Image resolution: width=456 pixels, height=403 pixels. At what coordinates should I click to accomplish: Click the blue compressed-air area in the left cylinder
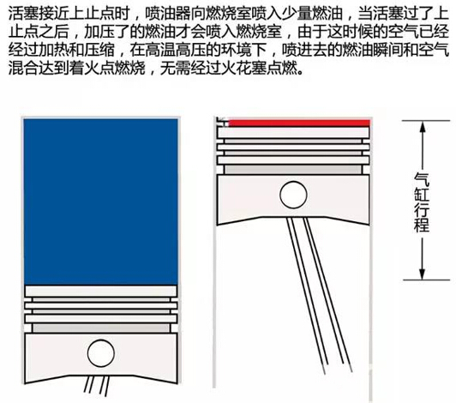point(100,201)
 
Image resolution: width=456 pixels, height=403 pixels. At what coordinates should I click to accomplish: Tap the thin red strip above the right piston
point(299,123)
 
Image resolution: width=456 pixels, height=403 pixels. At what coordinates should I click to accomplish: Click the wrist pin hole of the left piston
point(101,353)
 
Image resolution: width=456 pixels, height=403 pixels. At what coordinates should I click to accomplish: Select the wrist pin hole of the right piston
point(293,195)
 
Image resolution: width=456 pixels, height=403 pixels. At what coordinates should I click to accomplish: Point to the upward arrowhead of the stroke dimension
point(423,128)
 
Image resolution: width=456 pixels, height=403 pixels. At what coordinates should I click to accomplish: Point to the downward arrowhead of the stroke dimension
point(423,273)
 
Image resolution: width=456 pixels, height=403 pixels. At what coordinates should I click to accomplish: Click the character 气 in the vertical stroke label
point(422,179)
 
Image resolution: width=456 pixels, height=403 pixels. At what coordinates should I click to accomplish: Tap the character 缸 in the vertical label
point(422,195)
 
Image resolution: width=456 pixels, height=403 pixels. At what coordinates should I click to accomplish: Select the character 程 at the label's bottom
point(422,225)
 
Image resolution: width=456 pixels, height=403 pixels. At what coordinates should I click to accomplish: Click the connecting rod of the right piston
point(319,294)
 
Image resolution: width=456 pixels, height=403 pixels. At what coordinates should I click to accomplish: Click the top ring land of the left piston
point(100,291)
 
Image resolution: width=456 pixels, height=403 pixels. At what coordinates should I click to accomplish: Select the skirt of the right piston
point(293,199)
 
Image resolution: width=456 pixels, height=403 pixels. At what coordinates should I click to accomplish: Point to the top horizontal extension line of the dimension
point(426,120)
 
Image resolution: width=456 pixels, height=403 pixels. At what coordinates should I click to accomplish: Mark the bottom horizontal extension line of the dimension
point(426,280)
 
